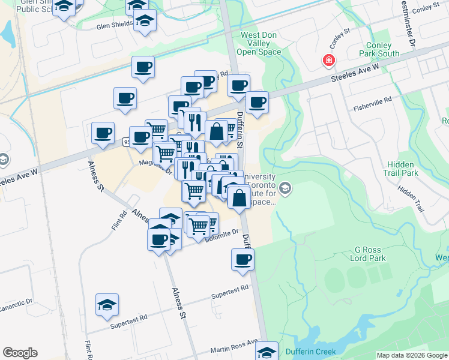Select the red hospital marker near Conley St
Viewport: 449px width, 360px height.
[x=328, y=60]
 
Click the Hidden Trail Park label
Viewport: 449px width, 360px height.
[x=401, y=169]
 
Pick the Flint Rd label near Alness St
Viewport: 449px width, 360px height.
[x=118, y=220]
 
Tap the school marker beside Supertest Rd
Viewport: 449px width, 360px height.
[x=107, y=305]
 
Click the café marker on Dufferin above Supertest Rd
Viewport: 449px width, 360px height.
[x=243, y=260]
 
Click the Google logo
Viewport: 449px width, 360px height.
[x=20, y=353]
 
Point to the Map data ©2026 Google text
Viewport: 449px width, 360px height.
[x=412, y=355]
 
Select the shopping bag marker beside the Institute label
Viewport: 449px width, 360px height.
[x=239, y=197]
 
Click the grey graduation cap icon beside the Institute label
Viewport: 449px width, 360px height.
[x=285, y=189]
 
